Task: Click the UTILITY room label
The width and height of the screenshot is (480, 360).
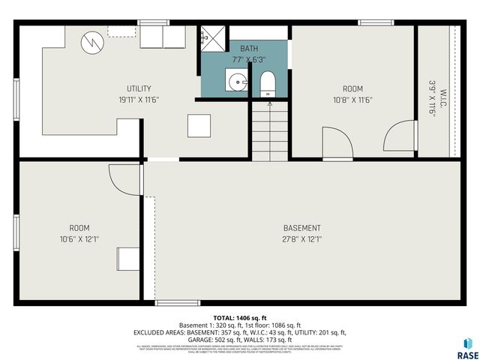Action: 139,88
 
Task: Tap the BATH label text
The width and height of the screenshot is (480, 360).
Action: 248,48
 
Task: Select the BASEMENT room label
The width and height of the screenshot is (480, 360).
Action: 301,228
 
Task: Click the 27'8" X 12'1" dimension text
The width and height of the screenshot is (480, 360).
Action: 301,240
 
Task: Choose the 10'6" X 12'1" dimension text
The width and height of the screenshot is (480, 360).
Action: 79,240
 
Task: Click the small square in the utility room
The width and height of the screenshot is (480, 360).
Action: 199,125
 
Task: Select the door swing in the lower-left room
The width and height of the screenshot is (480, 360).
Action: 124,179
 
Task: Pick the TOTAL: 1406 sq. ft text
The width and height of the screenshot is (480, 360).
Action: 239,318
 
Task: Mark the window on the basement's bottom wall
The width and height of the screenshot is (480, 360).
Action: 177,303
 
